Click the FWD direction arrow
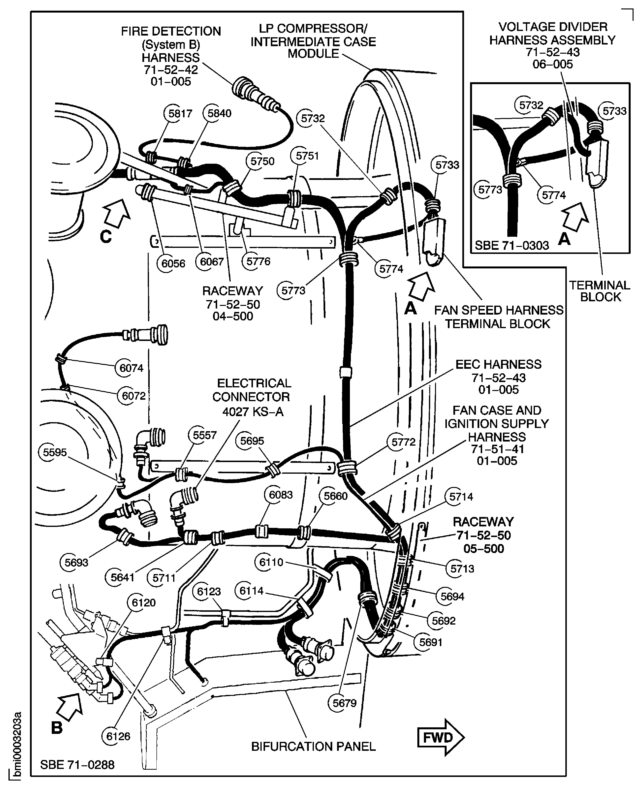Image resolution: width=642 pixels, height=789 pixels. [440, 737]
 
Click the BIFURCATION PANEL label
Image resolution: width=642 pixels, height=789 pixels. [313, 746]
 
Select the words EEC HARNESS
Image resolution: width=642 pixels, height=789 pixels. [498, 364]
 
